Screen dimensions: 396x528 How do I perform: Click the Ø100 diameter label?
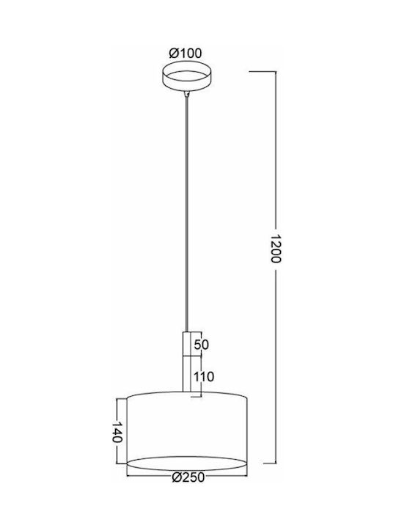coord(186,54)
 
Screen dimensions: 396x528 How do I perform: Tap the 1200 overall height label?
coord(275,248)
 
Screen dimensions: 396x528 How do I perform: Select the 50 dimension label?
coord(202,345)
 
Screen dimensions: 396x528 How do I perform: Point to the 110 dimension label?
coord(203,376)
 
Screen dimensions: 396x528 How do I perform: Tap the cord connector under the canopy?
coord(186,94)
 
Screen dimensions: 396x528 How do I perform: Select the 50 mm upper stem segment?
coord(187,344)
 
